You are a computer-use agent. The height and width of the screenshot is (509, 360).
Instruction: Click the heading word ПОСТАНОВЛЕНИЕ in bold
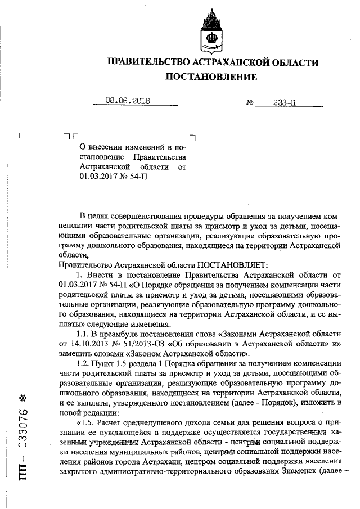(x=211, y=76)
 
